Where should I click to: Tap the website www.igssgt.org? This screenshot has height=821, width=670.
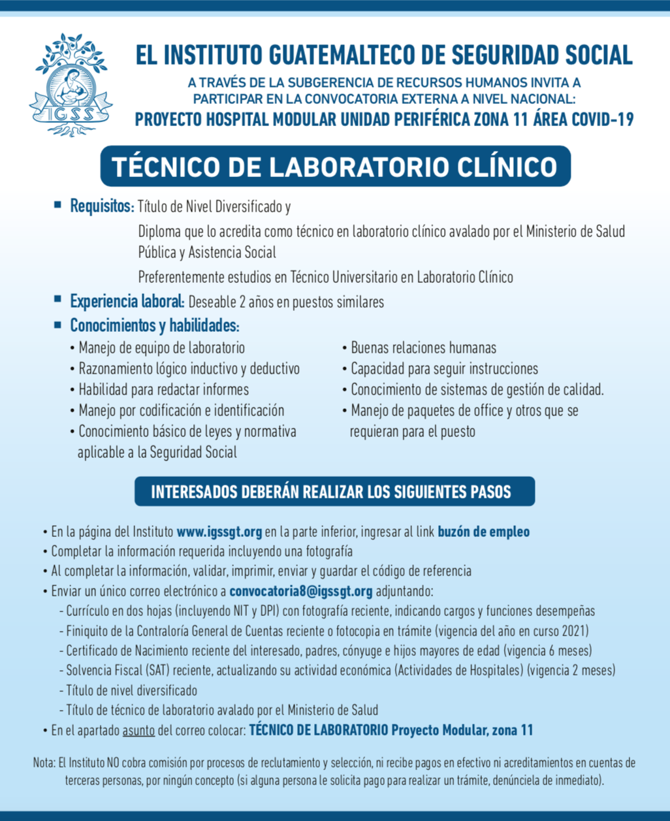pyautogui.click(x=219, y=532)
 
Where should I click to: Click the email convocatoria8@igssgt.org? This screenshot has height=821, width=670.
pyautogui.click(x=301, y=592)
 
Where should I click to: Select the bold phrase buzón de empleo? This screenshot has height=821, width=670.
pyautogui.click(x=483, y=532)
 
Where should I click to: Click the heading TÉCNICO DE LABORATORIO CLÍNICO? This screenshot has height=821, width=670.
pyautogui.click(x=335, y=167)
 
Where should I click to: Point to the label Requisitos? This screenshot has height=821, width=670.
pyautogui.click(x=101, y=207)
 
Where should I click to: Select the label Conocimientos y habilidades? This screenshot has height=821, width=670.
pyautogui.click(x=154, y=325)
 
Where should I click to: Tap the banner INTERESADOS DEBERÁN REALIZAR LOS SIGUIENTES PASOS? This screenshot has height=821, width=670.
pyautogui.click(x=334, y=492)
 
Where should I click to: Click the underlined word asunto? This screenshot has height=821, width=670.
pyautogui.click(x=138, y=730)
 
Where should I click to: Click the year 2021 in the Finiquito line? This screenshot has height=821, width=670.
pyautogui.click(x=573, y=631)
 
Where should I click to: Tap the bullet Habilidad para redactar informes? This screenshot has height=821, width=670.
pyautogui.click(x=163, y=390)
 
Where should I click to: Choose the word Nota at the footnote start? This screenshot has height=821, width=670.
pyautogui.click(x=44, y=763)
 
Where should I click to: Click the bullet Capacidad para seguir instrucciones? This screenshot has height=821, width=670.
pyautogui.click(x=444, y=368)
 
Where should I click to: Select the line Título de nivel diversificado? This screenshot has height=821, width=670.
pyautogui.click(x=131, y=690)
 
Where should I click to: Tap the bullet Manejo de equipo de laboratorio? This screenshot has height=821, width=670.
pyautogui.click(x=161, y=347)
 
